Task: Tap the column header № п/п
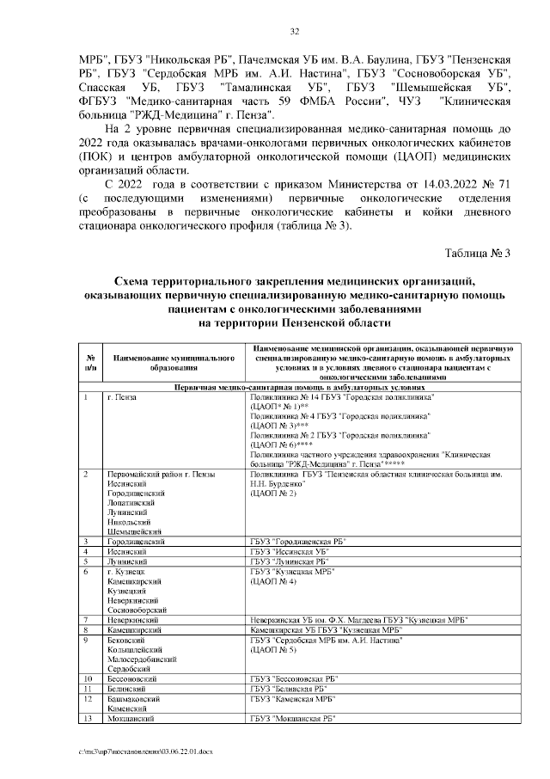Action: pos(89,360)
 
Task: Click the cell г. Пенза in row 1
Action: pos(122,397)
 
